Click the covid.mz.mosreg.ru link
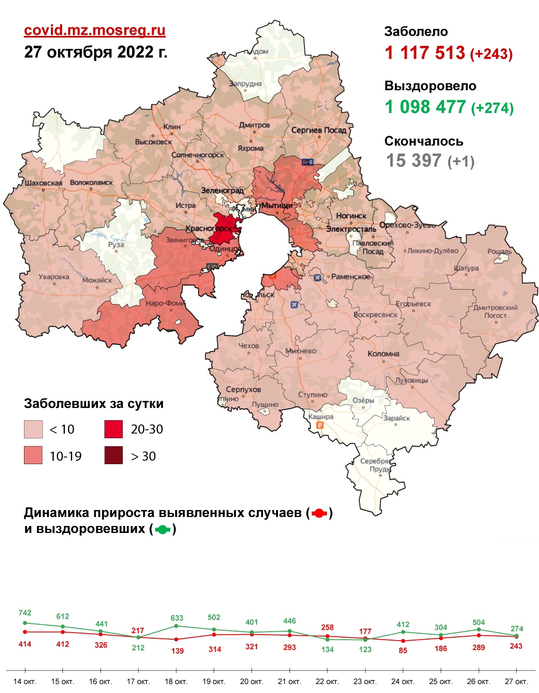(x=95, y=30)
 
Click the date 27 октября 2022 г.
(x=96, y=52)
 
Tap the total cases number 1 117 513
(x=425, y=53)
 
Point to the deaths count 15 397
(x=414, y=161)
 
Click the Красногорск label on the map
(x=209, y=229)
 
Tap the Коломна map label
(x=383, y=353)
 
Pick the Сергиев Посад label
(x=318, y=130)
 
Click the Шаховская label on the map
(x=43, y=183)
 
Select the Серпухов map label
(x=243, y=389)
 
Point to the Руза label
(x=116, y=244)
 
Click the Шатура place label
(x=466, y=268)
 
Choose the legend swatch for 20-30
(x=113, y=429)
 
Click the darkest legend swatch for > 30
(x=113, y=456)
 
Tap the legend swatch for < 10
(x=33, y=429)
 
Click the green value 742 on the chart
(x=25, y=613)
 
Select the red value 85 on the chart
(x=403, y=650)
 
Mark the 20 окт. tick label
(x=252, y=682)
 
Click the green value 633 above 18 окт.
(x=177, y=618)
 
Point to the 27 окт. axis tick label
(x=516, y=682)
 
